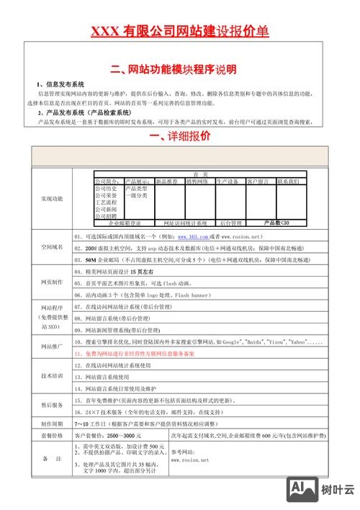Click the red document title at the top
click(180, 31)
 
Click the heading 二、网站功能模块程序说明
click(179, 70)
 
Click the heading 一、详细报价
click(179, 136)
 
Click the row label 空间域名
click(51, 247)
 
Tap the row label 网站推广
click(51, 346)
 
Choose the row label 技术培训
click(51, 376)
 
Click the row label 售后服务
click(51, 405)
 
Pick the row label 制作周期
click(51, 423)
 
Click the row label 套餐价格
click(51, 436)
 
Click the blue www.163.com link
click(192, 236)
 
